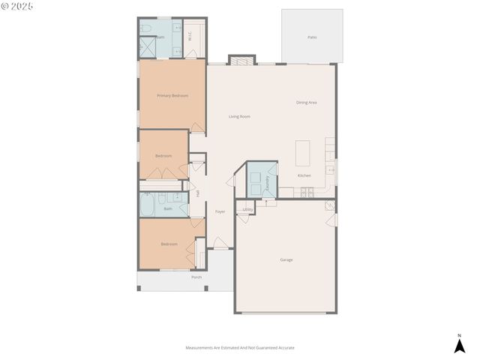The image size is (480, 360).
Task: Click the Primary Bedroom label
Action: coord(172,96)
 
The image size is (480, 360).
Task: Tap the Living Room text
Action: coord(239,116)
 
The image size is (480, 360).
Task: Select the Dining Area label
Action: coord(306,102)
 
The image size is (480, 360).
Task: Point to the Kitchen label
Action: coord(304,175)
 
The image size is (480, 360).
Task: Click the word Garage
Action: coord(286,259)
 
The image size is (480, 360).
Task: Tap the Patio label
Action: coord(312,37)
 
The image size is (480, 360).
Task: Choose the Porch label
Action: coord(196,277)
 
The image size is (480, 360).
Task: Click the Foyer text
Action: coord(220,211)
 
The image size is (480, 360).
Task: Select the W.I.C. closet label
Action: coord(190,34)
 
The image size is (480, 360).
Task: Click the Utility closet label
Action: coord(247,209)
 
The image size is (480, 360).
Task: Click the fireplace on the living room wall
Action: coord(241,60)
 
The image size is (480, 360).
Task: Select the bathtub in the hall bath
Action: coord(148,205)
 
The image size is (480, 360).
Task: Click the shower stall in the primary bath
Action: coord(146,46)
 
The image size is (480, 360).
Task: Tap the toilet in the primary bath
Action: coord(147,28)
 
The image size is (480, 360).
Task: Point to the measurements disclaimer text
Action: coord(240,348)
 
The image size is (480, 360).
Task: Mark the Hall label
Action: coord(198,193)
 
